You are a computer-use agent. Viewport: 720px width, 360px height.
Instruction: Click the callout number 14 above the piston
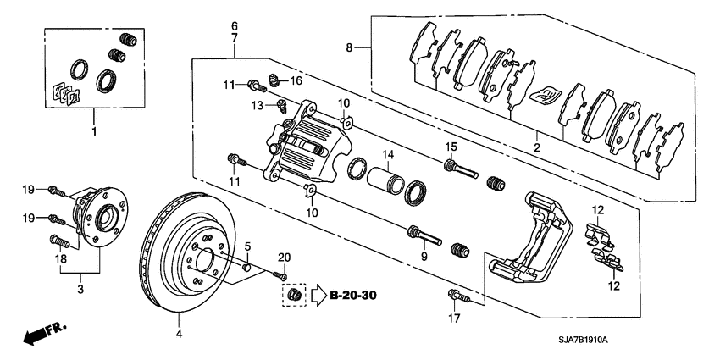click(387, 155)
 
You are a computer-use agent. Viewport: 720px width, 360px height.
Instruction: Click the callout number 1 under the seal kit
click(94, 132)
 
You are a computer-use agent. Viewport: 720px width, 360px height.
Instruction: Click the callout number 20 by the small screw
click(284, 258)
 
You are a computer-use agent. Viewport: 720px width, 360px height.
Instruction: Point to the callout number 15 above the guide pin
click(451, 146)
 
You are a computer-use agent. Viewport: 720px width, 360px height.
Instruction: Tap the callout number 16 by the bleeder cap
click(296, 80)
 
